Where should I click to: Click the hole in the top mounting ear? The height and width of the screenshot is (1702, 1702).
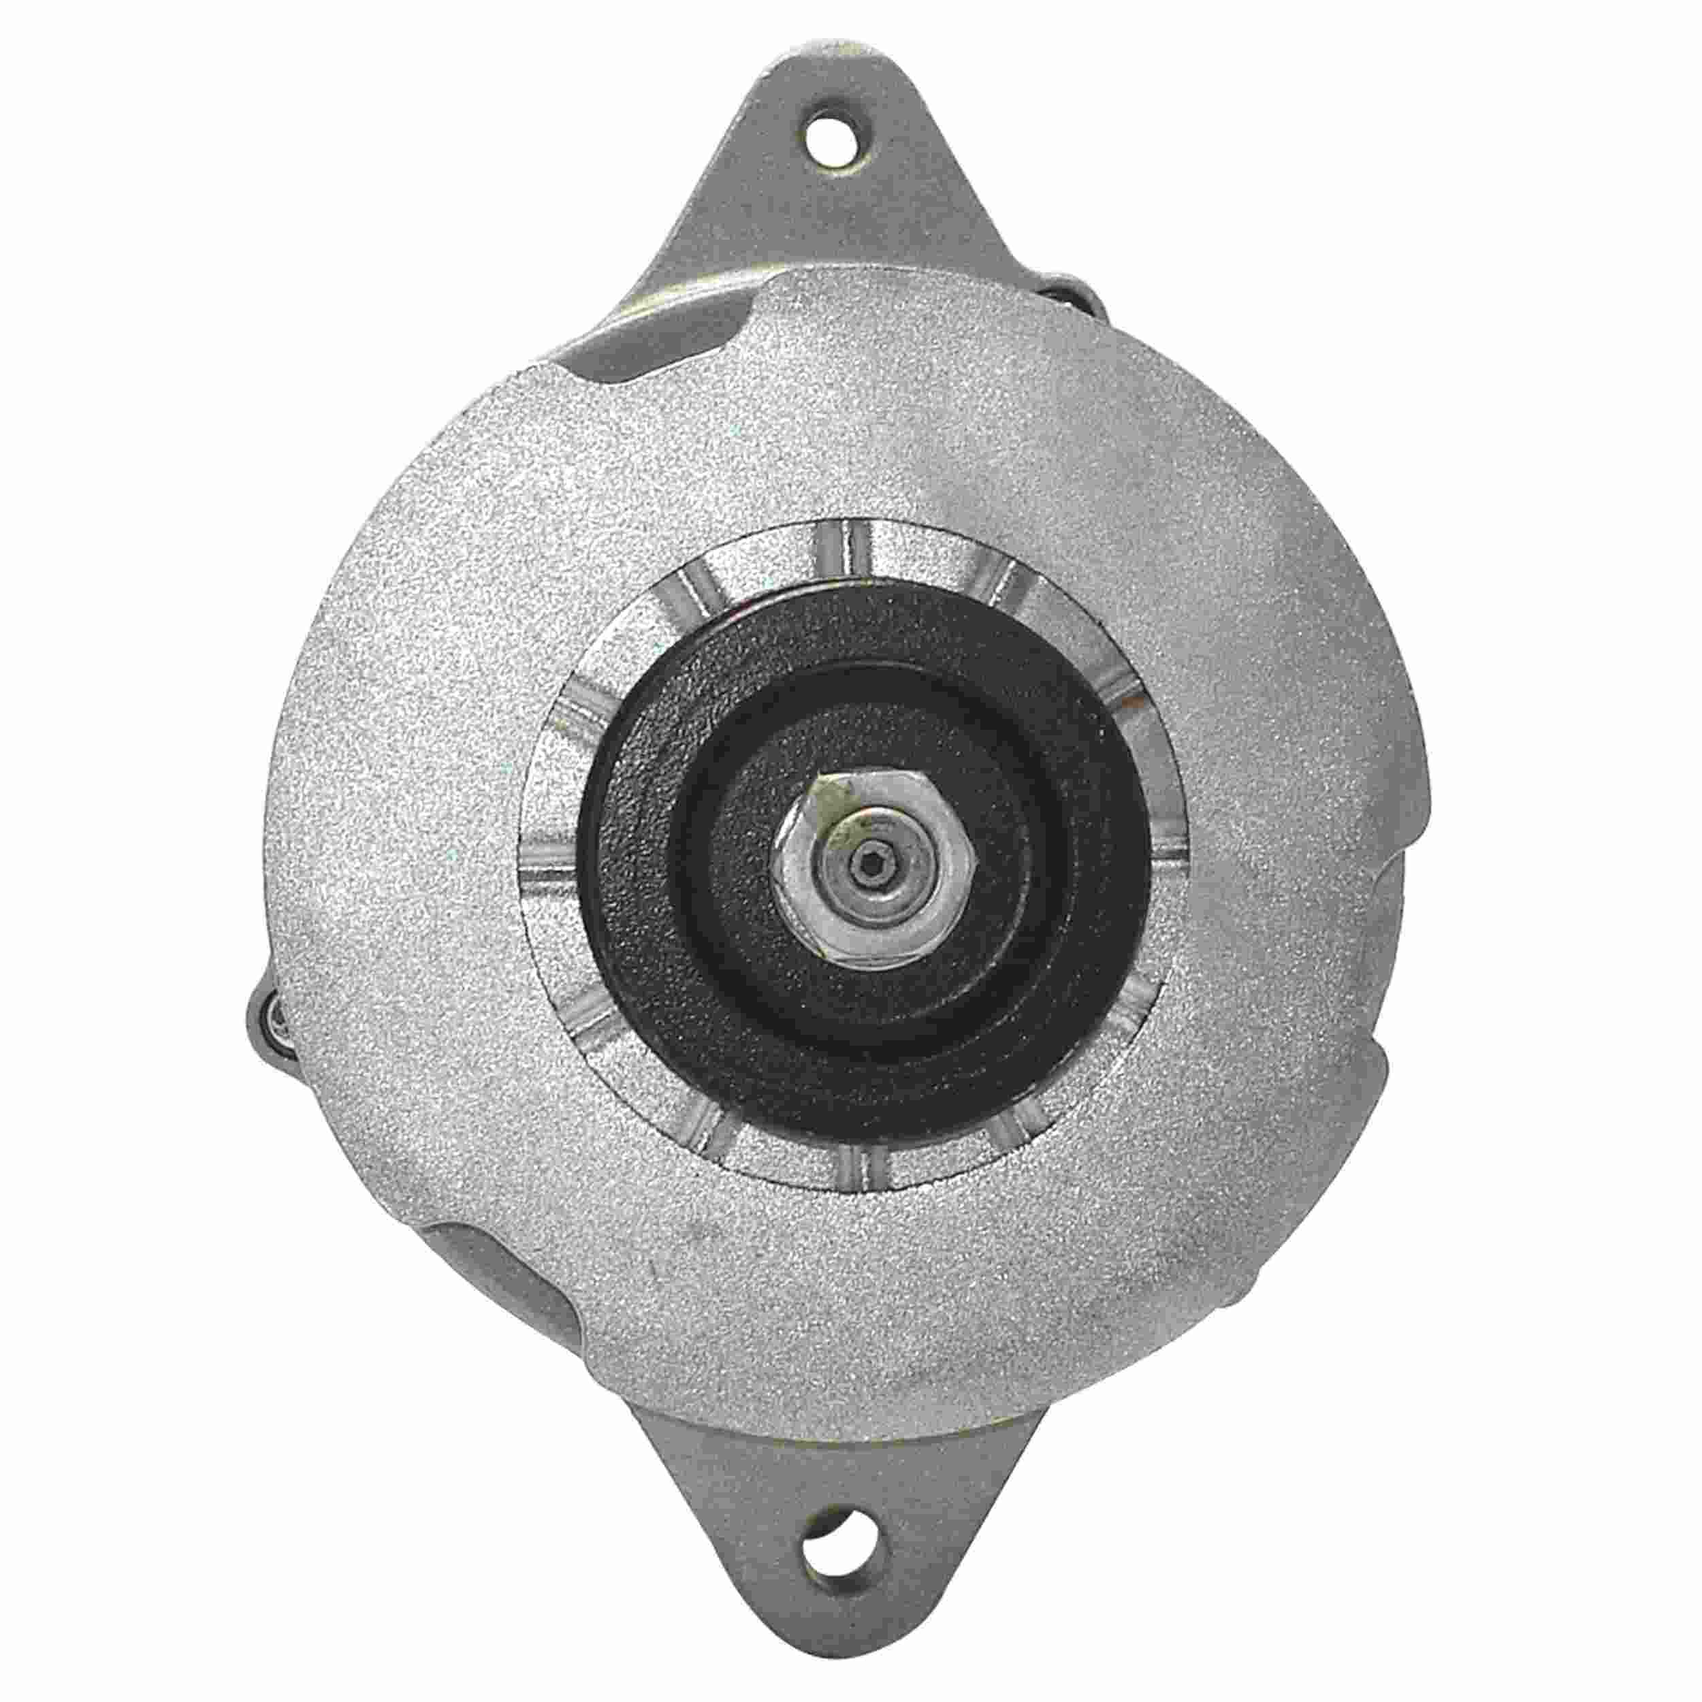(x=831, y=142)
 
